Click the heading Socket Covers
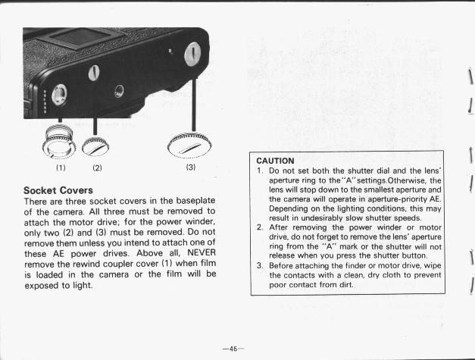58,189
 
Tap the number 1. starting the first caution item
259,172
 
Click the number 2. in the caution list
259,227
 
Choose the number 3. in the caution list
259,265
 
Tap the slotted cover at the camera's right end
192,53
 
